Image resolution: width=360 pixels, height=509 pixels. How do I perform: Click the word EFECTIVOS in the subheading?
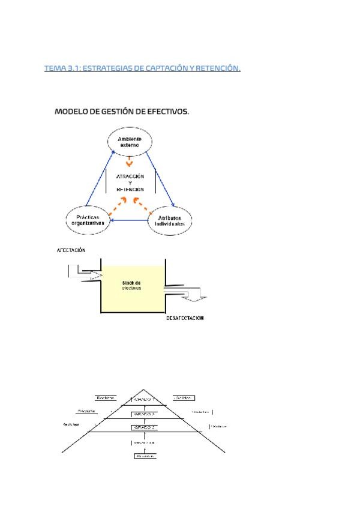coord(166,112)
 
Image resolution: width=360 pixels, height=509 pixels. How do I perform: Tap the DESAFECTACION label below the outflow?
coord(185,318)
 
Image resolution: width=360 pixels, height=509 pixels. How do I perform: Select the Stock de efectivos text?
coord(131,285)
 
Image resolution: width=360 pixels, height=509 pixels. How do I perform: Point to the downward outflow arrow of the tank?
coord(195,295)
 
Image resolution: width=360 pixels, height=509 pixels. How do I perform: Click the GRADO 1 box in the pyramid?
coord(144,399)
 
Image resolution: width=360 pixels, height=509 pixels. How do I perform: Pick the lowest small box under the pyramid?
coord(144,456)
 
